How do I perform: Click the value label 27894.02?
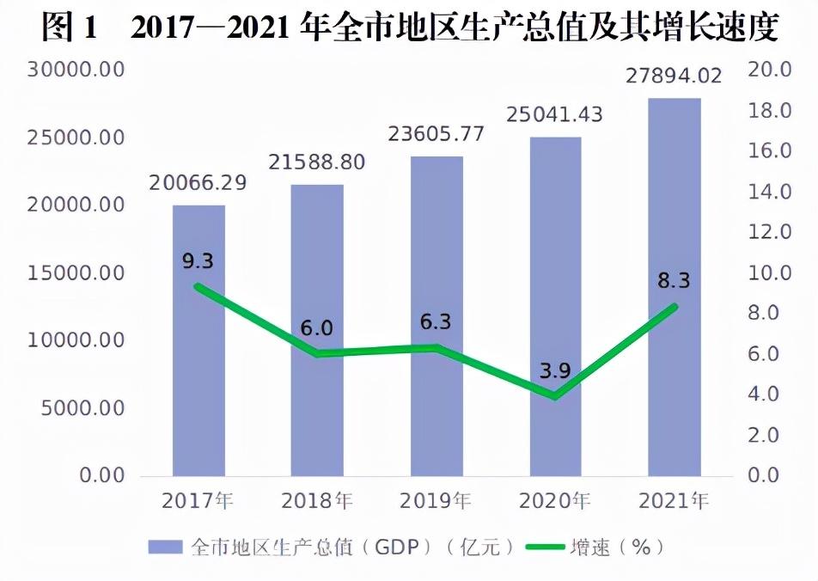click(674, 76)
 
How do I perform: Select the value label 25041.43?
click(555, 115)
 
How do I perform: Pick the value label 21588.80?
click(317, 162)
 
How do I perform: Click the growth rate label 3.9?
click(555, 371)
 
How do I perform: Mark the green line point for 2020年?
click(555, 396)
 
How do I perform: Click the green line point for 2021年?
click(675, 307)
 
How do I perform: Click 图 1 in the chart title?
click(71, 28)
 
